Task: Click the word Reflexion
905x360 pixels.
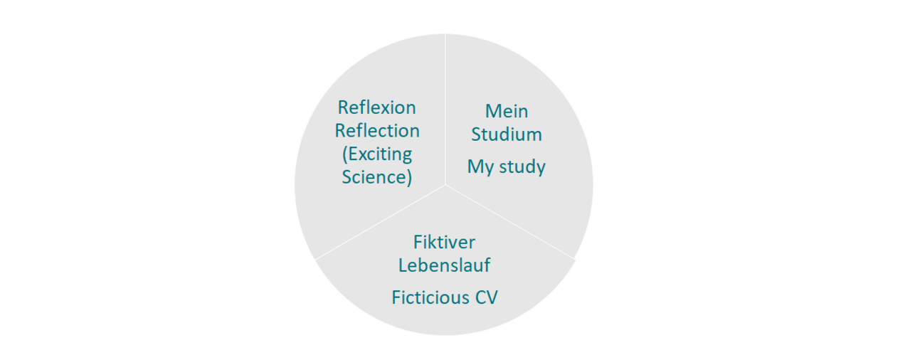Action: [376, 107]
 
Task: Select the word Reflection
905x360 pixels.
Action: [377, 131]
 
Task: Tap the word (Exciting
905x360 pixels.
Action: [377, 154]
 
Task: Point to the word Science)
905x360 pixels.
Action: [377, 176]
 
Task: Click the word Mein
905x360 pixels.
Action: [507, 111]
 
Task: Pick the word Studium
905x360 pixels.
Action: [507, 134]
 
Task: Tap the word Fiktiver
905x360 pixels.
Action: [444, 242]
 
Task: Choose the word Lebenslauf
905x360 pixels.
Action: [444, 265]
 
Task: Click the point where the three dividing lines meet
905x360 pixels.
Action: [446, 184]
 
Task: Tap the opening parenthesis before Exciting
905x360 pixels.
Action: [345, 154]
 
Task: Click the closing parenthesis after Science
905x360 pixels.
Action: [409, 177]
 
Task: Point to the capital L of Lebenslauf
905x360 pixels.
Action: [403, 265]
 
